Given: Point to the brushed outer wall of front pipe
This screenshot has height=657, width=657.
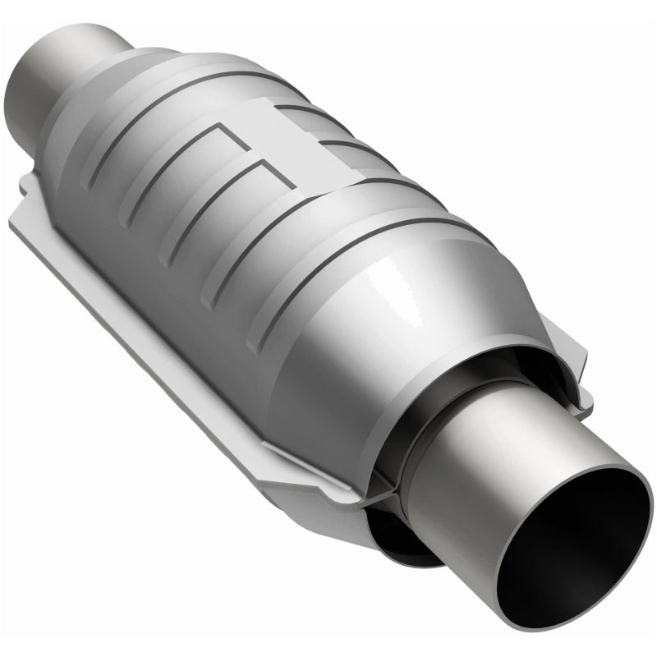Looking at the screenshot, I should (476, 460).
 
